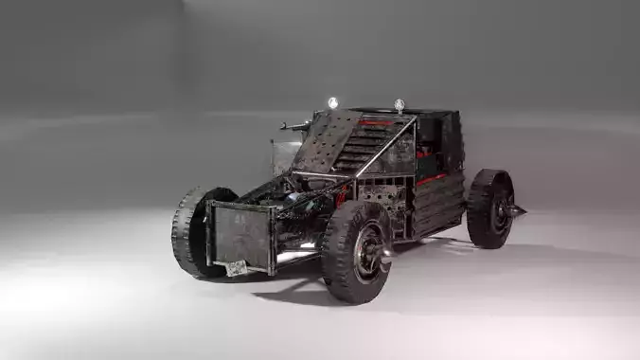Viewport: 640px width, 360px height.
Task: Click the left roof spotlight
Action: point(332,102)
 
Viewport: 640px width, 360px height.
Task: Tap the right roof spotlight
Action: point(400,104)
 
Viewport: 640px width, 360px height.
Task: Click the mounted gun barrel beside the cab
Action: point(294,125)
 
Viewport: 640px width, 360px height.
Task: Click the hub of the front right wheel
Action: point(367,253)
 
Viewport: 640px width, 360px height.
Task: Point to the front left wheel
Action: point(193,231)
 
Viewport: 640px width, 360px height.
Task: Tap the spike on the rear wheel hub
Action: point(517,209)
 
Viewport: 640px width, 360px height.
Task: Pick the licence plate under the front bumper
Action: point(236,268)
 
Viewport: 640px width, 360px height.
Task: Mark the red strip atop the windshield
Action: point(376,123)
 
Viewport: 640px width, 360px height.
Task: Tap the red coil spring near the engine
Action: point(341,197)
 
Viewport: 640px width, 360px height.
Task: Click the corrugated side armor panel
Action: point(438,204)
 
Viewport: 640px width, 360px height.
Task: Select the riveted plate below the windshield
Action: point(384,195)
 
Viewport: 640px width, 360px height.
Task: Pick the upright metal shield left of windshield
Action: point(285,154)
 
